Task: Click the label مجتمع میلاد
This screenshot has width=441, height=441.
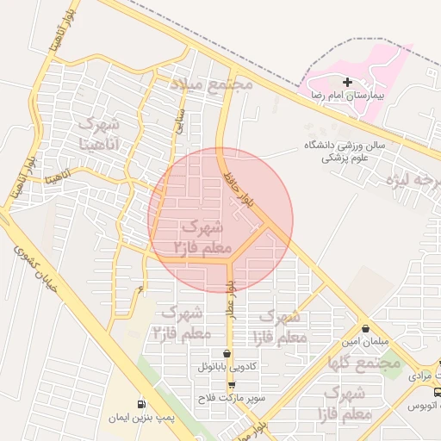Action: click(211, 84)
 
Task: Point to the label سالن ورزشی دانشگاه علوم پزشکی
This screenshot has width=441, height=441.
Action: click(344, 152)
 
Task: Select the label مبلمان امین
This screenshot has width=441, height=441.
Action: click(368, 341)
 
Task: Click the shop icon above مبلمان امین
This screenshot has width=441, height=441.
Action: click(367, 328)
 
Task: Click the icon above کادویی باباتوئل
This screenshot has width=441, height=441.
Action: click(227, 353)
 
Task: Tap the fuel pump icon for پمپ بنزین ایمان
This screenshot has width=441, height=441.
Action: click(140, 403)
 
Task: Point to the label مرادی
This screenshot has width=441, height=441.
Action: click(423, 376)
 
